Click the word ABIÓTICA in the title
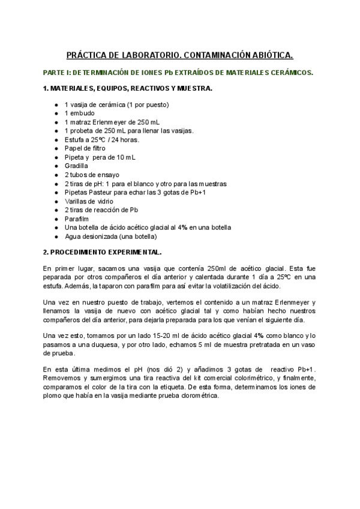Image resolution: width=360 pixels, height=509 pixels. click(269, 56)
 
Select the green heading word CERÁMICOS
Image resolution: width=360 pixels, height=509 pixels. click(290, 73)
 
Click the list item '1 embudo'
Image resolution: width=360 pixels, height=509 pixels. click(79, 113)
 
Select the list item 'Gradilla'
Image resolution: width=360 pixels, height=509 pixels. click(76, 166)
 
